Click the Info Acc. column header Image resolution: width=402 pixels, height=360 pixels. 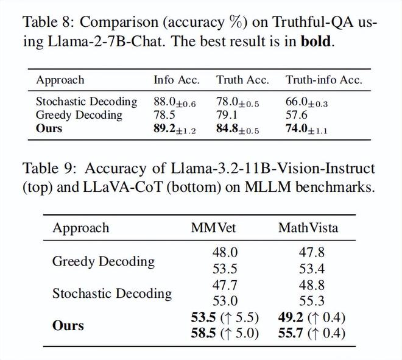pos(176,80)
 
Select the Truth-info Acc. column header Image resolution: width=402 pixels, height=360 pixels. pos(323,80)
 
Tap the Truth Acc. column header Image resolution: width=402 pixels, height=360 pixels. pos(242,80)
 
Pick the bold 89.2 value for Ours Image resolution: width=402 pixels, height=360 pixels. pos(166,129)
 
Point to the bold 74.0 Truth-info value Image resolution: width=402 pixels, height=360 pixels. pos(297,129)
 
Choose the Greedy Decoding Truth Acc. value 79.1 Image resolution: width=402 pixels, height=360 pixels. pos(227,115)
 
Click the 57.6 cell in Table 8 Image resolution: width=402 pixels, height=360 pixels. pos(297,115)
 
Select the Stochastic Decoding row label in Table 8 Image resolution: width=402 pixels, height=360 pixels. pos(86,102)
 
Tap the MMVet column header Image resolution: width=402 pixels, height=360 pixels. pos(213,228)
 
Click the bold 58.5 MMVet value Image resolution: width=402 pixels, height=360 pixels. pos(203,333)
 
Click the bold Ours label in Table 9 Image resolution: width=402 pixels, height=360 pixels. pos(68,325)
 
